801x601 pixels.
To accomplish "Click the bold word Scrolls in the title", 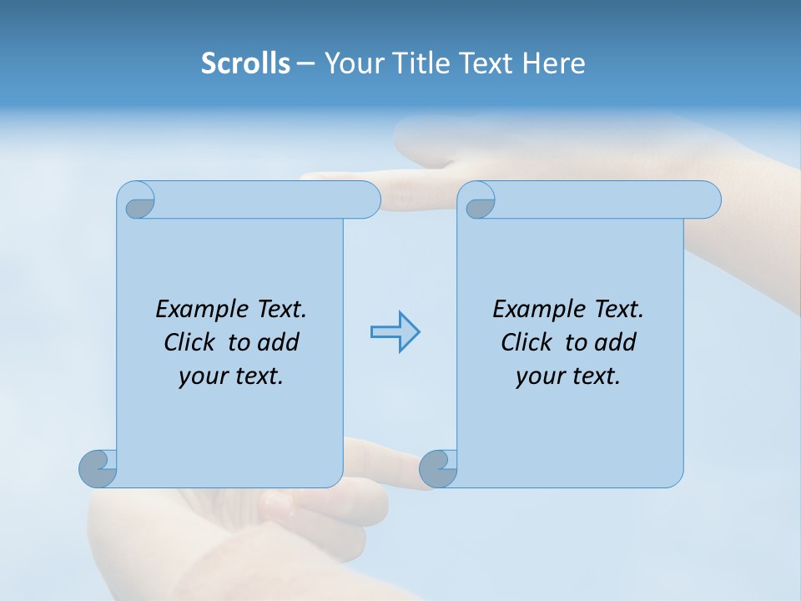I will [x=245, y=63].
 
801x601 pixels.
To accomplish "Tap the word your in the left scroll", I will [x=202, y=376].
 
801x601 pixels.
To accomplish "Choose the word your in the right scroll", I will [x=539, y=376].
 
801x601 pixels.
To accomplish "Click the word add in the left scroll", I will [x=279, y=342].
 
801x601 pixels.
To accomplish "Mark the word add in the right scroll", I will [x=616, y=342].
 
